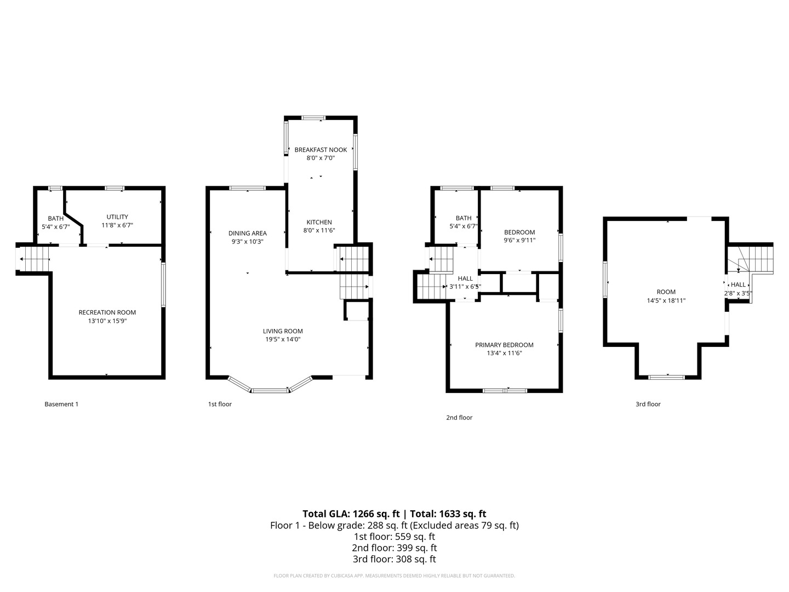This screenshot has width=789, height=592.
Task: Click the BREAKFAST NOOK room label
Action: (321, 150)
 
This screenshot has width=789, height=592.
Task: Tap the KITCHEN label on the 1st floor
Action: (319, 222)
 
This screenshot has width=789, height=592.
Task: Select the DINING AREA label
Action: (248, 234)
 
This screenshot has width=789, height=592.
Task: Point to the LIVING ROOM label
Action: (283, 331)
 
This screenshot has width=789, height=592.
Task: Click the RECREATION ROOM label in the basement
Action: (107, 312)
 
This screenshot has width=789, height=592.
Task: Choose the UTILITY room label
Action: (117, 217)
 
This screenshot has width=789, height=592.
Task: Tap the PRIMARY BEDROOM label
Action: (504, 345)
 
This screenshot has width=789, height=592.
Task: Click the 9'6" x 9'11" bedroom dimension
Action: (519, 240)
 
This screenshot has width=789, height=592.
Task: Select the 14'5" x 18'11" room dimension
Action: (666, 300)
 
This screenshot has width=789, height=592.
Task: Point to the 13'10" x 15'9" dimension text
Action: (107, 321)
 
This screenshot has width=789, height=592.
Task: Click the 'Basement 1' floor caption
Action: (61, 404)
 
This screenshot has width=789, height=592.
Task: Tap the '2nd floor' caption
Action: (459, 417)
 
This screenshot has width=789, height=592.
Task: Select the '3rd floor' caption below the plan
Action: (648, 404)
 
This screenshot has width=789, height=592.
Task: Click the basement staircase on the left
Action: (33, 259)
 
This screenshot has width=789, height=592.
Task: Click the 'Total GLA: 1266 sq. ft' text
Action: (351, 514)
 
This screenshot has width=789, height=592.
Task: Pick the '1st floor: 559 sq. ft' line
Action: (395, 537)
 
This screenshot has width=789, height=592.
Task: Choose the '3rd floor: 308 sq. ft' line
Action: (395, 559)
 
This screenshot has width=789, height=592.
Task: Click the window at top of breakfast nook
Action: (313, 117)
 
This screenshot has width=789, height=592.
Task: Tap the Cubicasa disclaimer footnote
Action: (395, 576)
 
